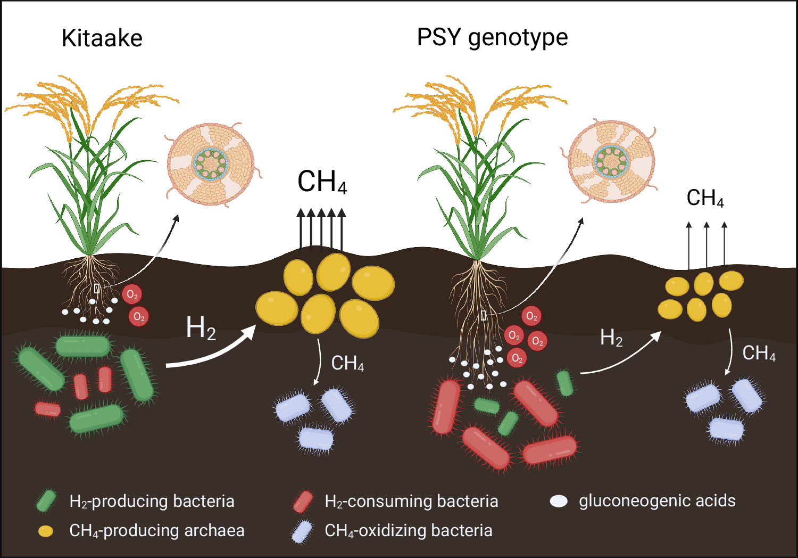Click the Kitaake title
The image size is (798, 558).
coord(102,38)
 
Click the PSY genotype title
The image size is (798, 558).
coord(492,38)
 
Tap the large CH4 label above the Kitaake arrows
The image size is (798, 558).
coord(322,182)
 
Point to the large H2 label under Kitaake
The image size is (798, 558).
coord(201,327)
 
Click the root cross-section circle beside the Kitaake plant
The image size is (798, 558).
coord(211,163)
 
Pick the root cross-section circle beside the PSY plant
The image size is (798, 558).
coord(612,161)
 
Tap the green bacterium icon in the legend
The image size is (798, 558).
coord(46,501)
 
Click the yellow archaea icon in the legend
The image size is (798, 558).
coord(46,531)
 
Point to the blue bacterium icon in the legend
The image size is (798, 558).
coord(302,531)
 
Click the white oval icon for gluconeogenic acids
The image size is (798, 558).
coord(559,501)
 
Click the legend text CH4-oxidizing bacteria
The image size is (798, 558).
coord(408,531)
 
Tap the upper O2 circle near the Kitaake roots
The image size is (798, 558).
coord(131,294)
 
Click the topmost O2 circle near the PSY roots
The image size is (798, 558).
coord(531,316)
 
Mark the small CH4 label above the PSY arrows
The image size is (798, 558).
coord(705,198)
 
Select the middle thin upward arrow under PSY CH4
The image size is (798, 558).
coord(706,245)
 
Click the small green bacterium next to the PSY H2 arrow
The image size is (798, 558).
coord(564,383)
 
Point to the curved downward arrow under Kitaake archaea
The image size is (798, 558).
coord(319,362)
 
